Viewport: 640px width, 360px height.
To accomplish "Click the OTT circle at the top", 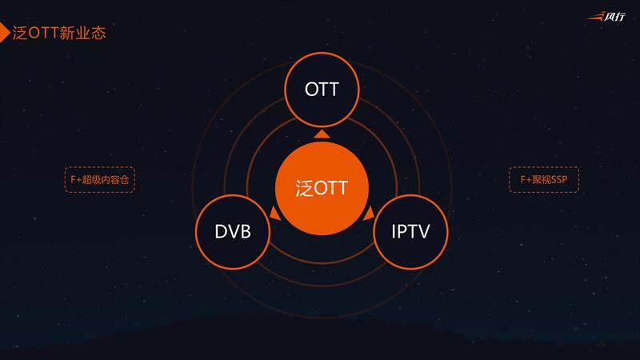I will (x=322, y=90).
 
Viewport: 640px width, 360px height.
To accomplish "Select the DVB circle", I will (x=233, y=232).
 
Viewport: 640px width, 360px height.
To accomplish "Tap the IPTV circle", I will (x=411, y=232).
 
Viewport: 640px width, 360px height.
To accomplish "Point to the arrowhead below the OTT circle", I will (x=322, y=134).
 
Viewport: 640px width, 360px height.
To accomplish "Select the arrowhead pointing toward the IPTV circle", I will (x=369, y=213).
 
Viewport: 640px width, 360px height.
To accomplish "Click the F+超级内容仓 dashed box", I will (x=99, y=180).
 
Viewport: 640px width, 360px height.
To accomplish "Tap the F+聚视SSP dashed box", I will (x=543, y=180).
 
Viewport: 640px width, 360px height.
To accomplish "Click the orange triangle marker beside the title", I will (x=4, y=34).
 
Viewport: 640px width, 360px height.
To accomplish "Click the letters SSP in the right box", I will (x=557, y=180).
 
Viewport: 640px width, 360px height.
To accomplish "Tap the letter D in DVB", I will (x=220, y=232).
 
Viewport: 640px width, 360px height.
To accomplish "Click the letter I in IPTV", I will (x=394, y=232).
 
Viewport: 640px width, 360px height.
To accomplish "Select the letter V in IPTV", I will (x=425, y=232).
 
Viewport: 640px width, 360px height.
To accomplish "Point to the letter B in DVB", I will (x=246, y=232).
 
